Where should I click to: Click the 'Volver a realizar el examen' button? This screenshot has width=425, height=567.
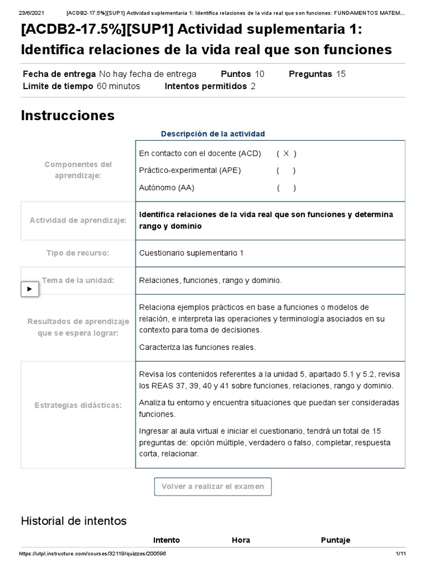213,487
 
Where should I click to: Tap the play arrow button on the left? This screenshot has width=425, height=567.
30,288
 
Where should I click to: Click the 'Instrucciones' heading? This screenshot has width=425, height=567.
68,115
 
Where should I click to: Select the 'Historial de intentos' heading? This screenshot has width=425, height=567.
74,521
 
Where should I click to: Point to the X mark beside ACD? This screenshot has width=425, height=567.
286,153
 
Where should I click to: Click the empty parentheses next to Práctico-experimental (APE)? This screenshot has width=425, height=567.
286,171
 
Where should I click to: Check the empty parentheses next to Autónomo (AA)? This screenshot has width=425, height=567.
286,188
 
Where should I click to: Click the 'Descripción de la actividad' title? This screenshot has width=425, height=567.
212,134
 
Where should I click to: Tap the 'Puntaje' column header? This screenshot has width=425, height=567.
335,540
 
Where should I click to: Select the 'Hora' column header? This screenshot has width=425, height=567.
241,540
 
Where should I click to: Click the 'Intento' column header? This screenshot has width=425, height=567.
166,540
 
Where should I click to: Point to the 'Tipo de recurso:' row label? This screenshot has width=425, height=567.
78,253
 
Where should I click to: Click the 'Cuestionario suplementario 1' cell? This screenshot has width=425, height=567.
191,253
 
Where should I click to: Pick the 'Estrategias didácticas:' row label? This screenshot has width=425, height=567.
78,406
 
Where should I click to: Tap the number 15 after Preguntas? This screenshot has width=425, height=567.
341,74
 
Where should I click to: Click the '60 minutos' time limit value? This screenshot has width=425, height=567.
118,86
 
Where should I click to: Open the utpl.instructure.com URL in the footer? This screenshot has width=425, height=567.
92,554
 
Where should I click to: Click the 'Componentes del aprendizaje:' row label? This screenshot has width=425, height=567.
78,169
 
